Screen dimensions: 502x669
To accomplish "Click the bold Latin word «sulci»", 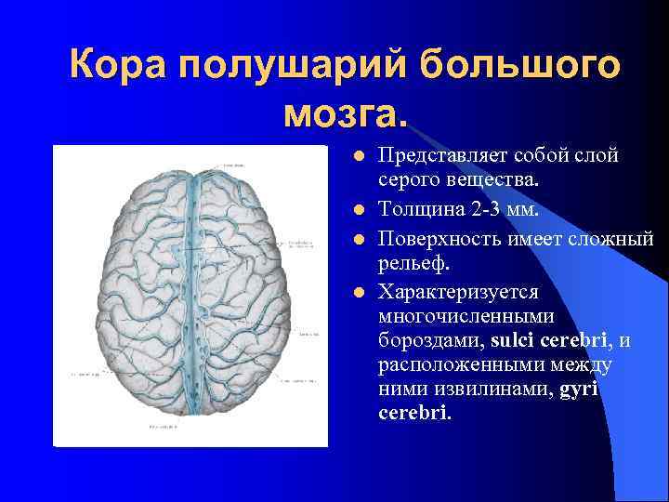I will [x=506, y=340].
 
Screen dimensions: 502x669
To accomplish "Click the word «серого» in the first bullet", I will [x=409, y=179].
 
